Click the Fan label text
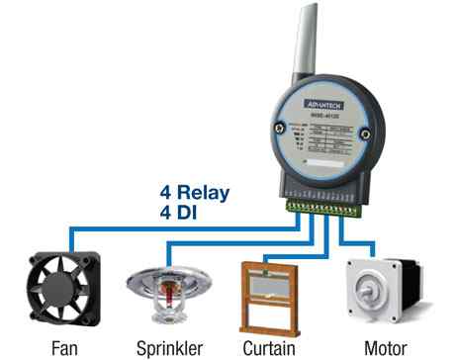click(66, 348)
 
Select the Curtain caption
click(269, 348)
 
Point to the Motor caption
click(384, 348)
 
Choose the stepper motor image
click(382, 294)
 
